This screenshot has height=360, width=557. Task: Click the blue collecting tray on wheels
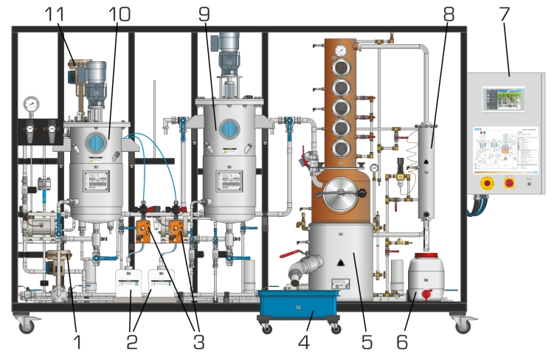point(298,305)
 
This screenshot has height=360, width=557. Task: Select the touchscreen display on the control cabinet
point(503,100)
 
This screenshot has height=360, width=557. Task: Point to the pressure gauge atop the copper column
point(340,51)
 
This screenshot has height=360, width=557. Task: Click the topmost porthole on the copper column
point(341,69)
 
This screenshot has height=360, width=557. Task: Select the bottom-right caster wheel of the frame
point(463,324)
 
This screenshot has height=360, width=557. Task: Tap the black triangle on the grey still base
point(340,263)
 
